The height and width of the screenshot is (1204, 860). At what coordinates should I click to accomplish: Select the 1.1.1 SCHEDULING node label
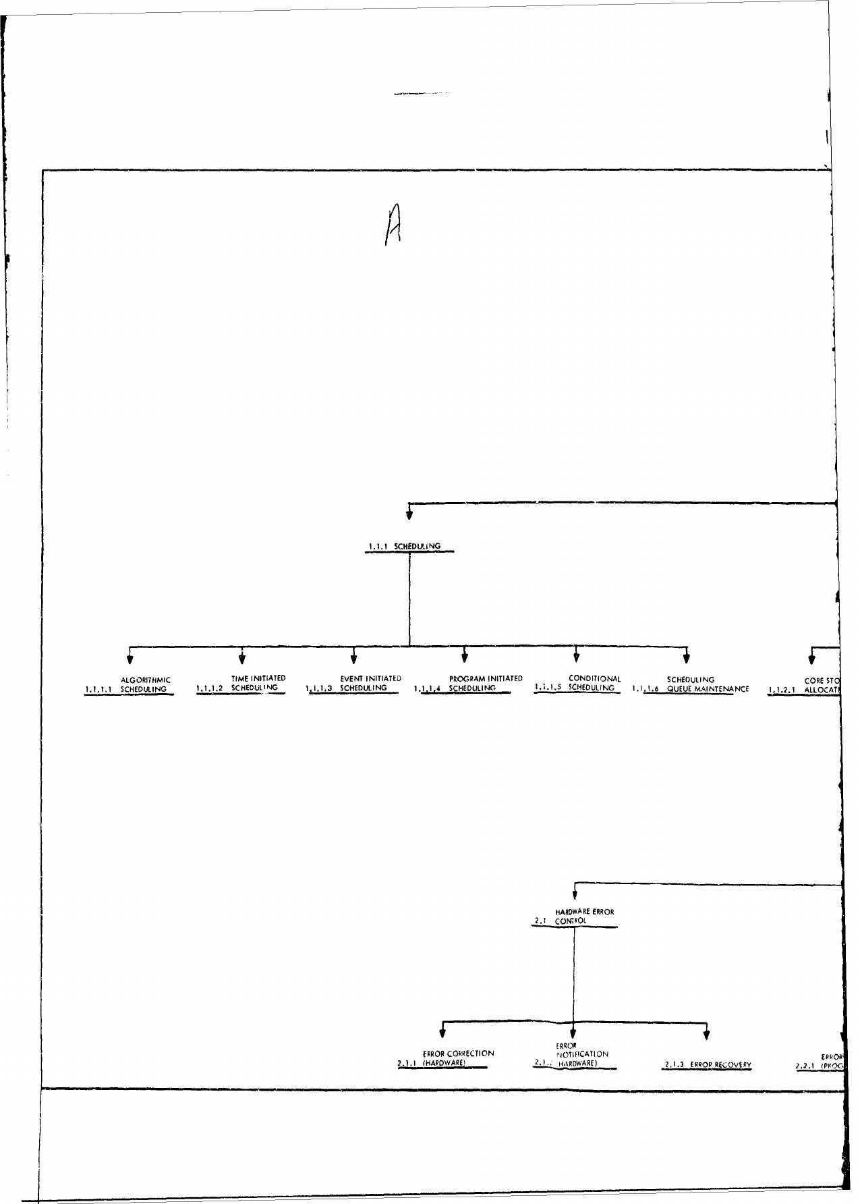pos(405,546)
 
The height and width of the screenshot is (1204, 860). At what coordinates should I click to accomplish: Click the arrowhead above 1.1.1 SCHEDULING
pos(409,516)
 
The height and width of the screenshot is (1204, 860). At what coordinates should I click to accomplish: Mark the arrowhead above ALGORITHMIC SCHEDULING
pos(130,658)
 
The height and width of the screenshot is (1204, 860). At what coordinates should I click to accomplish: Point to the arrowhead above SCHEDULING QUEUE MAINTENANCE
pos(686,658)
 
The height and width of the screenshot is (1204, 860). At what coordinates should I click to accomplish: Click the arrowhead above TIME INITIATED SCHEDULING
pos(241,658)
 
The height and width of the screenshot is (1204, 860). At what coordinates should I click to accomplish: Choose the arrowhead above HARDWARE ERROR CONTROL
pos(574,895)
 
